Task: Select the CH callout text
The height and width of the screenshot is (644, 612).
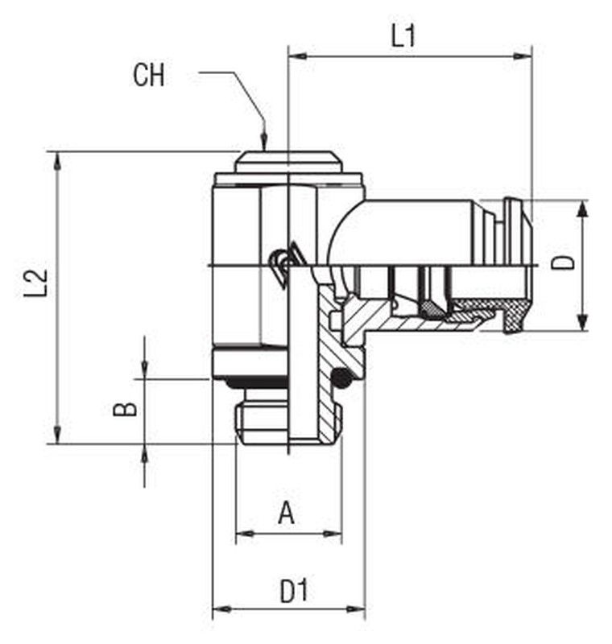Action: (x=149, y=75)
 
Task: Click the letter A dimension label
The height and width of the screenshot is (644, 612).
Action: (x=287, y=513)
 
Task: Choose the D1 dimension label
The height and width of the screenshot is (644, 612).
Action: (x=294, y=591)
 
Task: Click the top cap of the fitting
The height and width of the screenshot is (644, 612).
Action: (x=288, y=162)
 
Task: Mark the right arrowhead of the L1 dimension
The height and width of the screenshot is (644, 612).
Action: (x=523, y=56)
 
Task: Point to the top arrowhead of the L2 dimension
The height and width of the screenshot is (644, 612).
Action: (x=57, y=161)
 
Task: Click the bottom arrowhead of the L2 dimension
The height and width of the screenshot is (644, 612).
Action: (x=57, y=435)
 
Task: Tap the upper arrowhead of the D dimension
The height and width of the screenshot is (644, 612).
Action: (x=582, y=209)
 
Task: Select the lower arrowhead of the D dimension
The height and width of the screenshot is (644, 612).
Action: (x=582, y=321)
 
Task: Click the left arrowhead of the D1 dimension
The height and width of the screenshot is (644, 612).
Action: (x=221, y=609)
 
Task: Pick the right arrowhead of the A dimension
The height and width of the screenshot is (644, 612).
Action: (x=333, y=534)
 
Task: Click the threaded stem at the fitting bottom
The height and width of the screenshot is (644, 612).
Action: (x=288, y=423)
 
